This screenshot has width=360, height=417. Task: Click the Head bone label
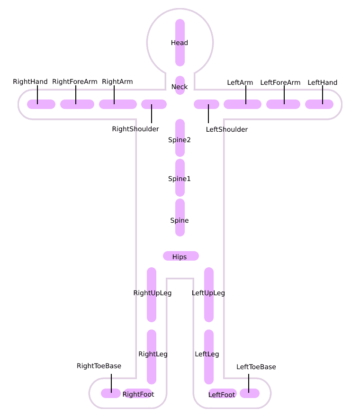coord(180,43)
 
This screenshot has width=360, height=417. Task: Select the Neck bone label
coord(180,87)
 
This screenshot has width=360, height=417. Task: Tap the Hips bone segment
coord(180,256)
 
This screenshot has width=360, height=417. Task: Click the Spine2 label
coord(180,140)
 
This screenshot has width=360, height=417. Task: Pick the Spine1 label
coord(180,179)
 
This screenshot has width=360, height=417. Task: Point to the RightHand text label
coord(30,82)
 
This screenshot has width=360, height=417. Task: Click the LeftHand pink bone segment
coord(319,104)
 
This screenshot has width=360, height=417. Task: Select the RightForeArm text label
coord(75,82)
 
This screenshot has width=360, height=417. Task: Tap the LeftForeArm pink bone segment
coord(283,104)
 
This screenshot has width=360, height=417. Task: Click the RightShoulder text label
coord(135,129)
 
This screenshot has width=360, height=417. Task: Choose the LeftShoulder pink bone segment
coord(207,104)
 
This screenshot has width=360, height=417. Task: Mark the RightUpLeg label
coord(153,293)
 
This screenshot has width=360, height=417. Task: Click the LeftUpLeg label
coord(208,293)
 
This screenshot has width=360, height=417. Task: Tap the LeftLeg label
coord(207,354)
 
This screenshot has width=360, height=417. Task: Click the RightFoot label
coord(138,394)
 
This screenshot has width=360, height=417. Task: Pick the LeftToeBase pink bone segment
coord(250,393)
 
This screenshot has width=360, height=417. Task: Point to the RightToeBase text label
coord(99,366)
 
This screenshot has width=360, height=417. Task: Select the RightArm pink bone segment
coord(118,104)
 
